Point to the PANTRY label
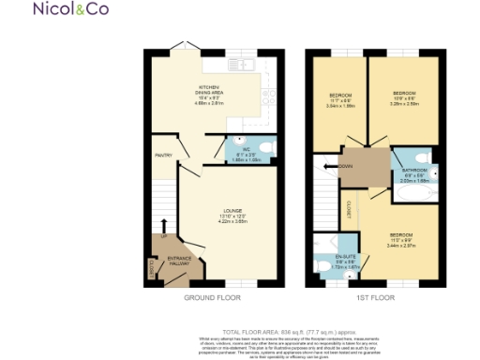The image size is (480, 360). click(162, 156)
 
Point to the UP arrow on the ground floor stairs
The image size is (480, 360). click(162, 227)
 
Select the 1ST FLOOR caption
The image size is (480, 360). click(375, 297)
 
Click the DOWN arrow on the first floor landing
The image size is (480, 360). click(330, 165)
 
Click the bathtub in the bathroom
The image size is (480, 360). click(412, 195)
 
